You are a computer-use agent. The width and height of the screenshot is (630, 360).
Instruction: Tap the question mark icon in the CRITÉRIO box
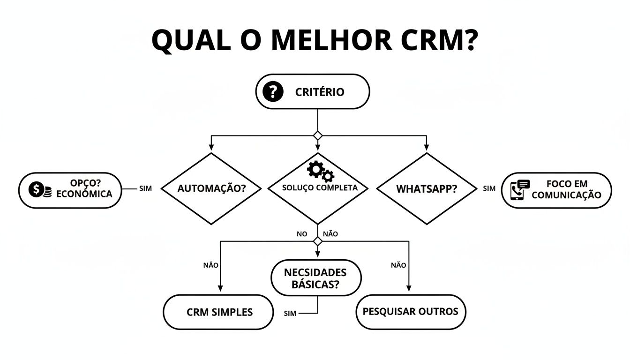[x=273, y=92]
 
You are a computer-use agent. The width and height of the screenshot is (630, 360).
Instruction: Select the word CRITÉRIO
[x=320, y=92]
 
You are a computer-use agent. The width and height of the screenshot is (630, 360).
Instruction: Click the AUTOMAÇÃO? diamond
[x=212, y=188]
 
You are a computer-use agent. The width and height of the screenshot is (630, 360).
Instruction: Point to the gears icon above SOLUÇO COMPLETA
[x=321, y=171]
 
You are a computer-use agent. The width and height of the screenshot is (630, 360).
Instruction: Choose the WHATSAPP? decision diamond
[x=427, y=188]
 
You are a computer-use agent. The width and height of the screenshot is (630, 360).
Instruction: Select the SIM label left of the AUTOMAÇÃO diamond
[x=146, y=188]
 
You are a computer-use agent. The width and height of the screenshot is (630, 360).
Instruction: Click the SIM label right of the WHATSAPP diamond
[x=489, y=188]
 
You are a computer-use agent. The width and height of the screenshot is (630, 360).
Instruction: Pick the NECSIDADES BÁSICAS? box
[x=316, y=278]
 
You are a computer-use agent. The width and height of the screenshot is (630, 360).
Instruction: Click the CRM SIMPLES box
[x=218, y=312]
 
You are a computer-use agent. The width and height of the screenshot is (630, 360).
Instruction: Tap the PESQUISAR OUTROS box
[x=411, y=312]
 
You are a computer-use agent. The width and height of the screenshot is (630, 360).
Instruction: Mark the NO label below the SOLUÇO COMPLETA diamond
[x=302, y=234]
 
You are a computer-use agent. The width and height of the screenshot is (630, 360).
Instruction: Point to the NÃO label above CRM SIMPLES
[x=210, y=265]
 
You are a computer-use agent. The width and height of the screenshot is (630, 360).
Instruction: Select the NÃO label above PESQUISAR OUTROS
[x=398, y=265]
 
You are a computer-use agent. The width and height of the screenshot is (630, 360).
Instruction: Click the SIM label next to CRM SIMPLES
[x=290, y=314]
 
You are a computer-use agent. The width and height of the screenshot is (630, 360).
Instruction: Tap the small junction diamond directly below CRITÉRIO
[x=318, y=135]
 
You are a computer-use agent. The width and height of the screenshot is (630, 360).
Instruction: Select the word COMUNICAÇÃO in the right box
[x=566, y=195]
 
